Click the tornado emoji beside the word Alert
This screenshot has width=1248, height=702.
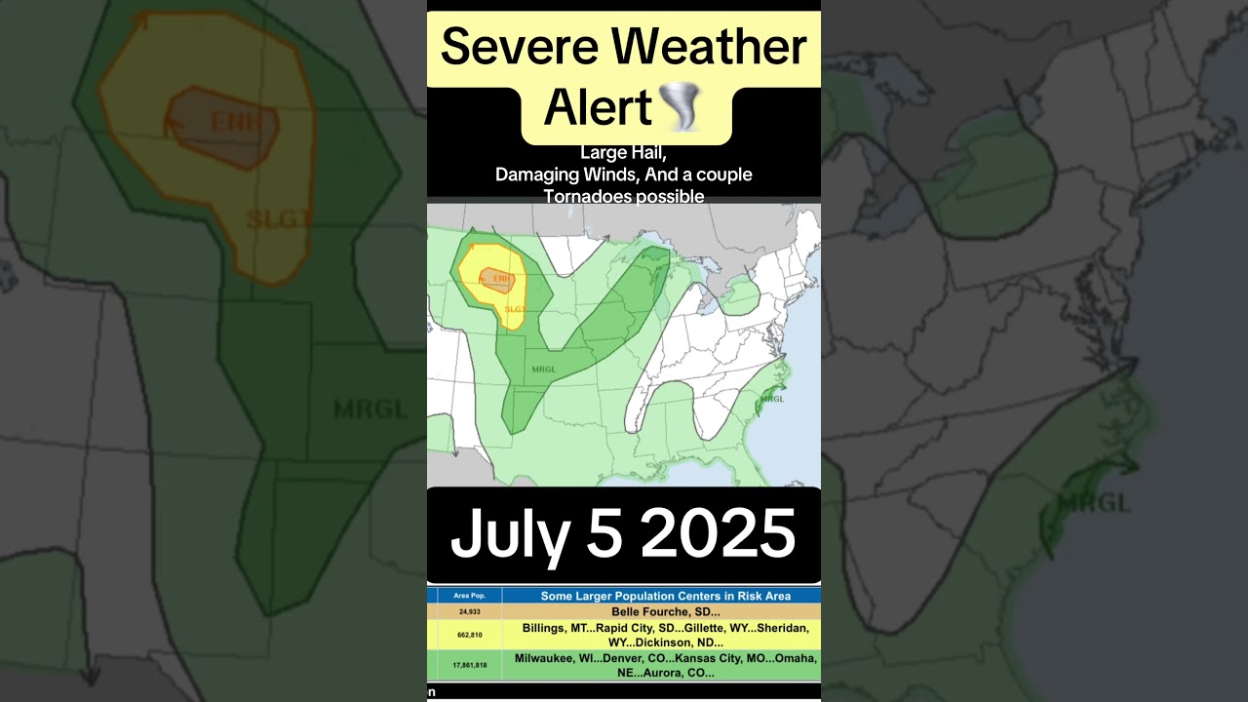click(x=681, y=107)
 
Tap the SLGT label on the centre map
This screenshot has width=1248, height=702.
click(x=514, y=309)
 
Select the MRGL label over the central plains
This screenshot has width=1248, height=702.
click(x=543, y=369)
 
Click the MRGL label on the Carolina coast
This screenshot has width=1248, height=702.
click(x=772, y=398)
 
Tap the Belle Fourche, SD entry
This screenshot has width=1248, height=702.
click(x=666, y=612)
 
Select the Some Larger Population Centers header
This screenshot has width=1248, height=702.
click(x=666, y=595)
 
